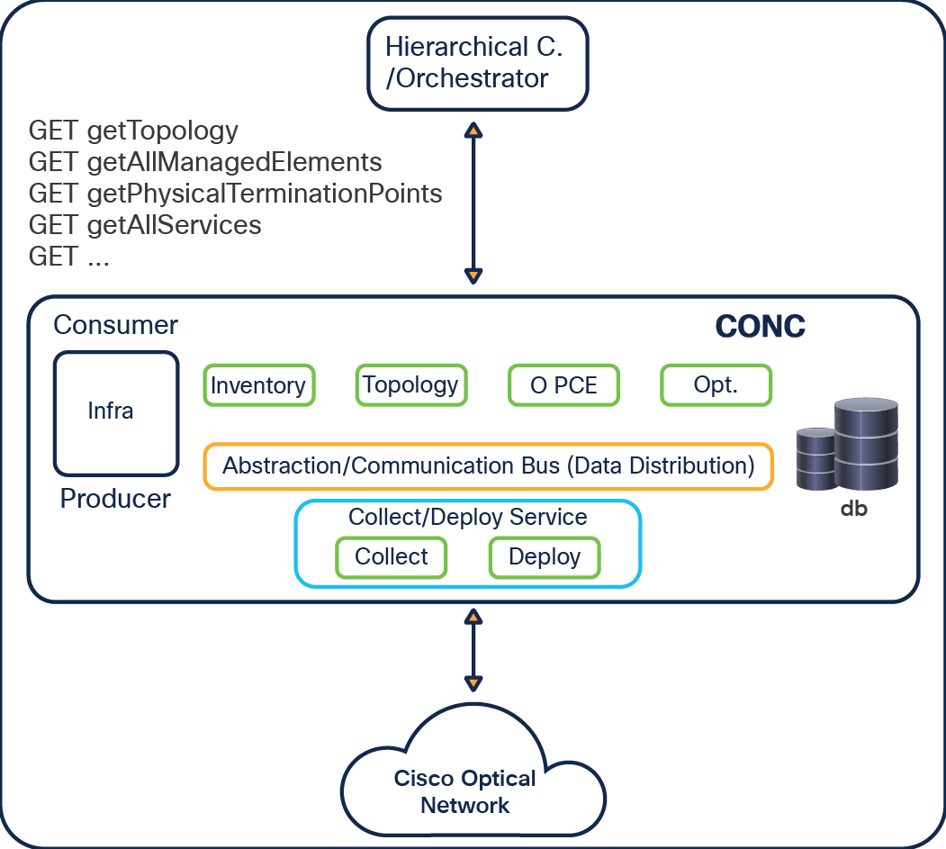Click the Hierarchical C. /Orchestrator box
pyautogui.click(x=477, y=62)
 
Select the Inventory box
pyautogui.click(x=258, y=385)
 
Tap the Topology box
pyautogui.click(x=410, y=385)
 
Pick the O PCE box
pyautogui.click(x=563, y=385)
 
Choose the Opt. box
pyautogui.click(x=716, y=385)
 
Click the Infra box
pyautogui.click(x=115, y=412)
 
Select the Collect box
pyautogui.click(x=391, y=556)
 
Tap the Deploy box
pyautogui.click(x=544, y=556)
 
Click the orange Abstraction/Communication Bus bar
pyautogui.click(x=488, y=466)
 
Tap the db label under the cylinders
pyautogui.click(x=853, y=510)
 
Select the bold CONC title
pyautogui.click(x=760, y=327)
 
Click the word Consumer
pyautogui.click(x=115, y=325)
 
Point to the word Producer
pyautogui.click(x=115, y=499)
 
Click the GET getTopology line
pyautogui.click(x=133, y=131)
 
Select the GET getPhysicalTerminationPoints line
pyautogui.click(x=235, y=194)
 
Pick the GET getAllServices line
pyautogui.click(x=145, y=225)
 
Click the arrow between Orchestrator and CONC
pyautogui.click(x=473, y=203)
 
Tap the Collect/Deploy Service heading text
pyautogui.click(x=467, y=518)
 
